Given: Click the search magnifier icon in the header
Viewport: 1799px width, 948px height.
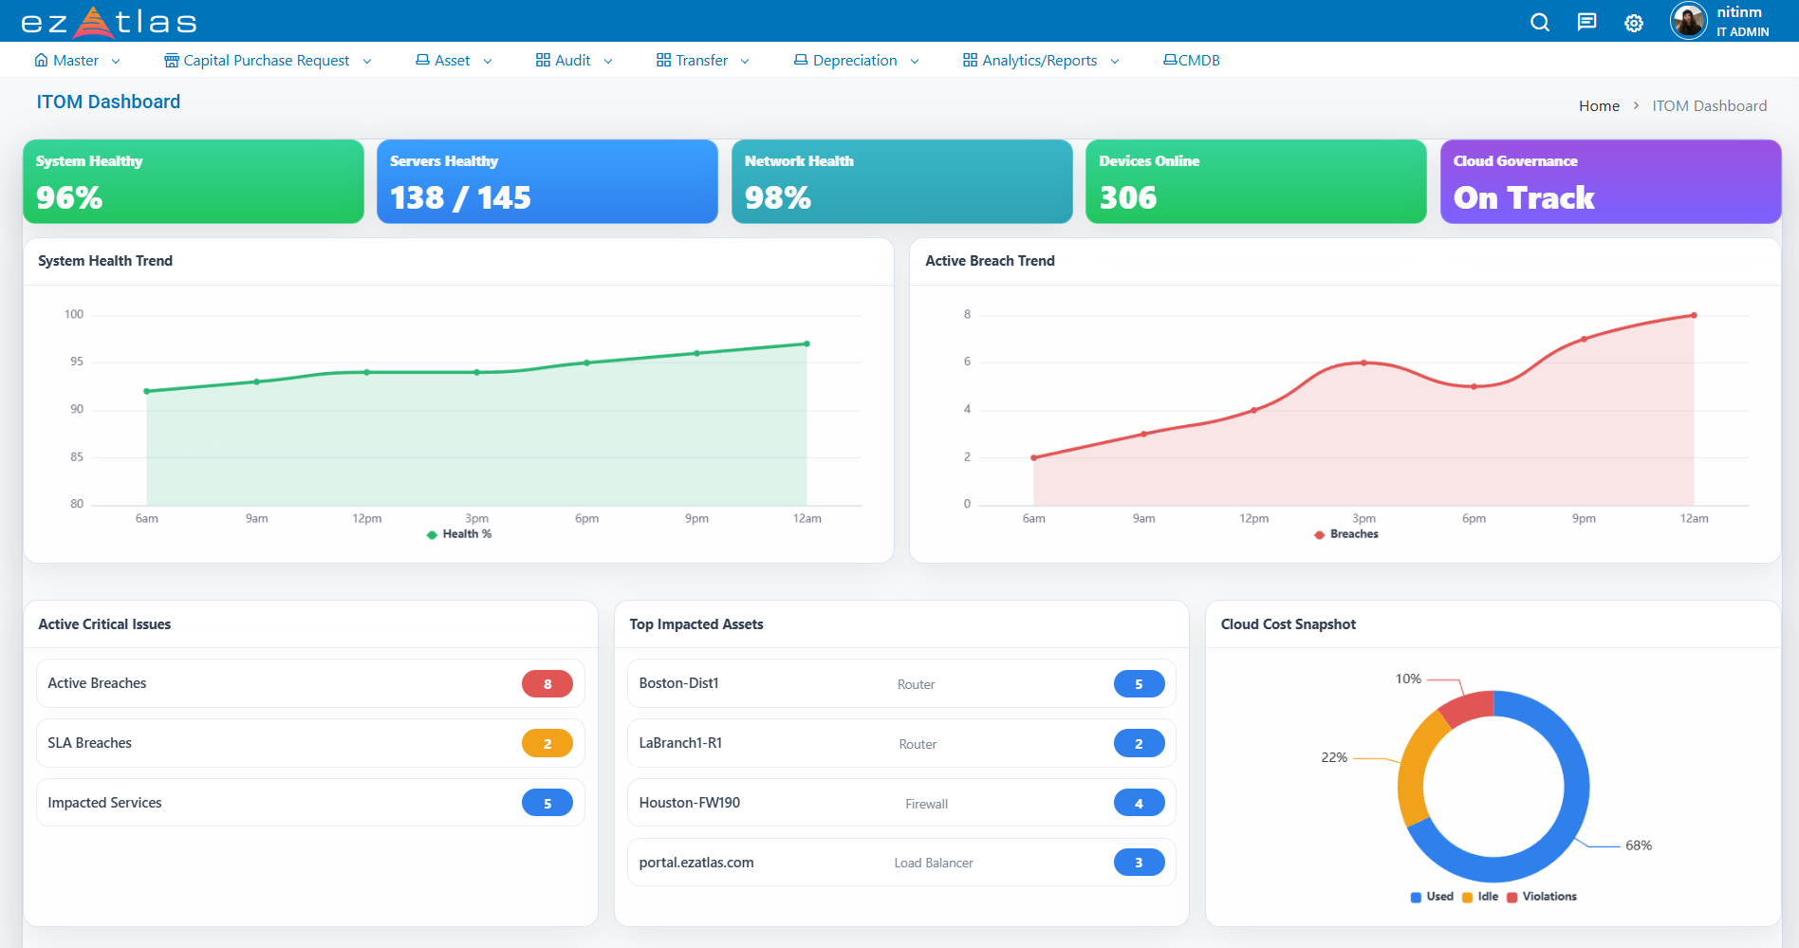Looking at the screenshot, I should pos(1539,22).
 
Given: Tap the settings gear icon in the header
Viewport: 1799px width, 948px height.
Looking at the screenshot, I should pos(1633,23).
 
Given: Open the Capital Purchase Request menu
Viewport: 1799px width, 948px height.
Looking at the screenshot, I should pos(267,61).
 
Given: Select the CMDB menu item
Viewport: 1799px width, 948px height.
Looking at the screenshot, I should pos(1192,61).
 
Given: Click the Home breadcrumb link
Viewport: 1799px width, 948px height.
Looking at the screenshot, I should pos(1599,106).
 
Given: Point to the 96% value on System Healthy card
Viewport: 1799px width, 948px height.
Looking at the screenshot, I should pos(69,197).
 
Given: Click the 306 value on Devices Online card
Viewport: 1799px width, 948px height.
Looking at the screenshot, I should pos(1127,197).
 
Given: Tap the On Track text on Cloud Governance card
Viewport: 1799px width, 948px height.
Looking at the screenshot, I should pos(1524,197).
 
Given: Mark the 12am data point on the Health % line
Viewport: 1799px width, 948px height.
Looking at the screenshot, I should pos(807,344).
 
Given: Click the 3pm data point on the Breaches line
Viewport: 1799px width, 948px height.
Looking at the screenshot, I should pos(1363,362).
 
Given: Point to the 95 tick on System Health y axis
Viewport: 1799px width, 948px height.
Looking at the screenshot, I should pos(77,362).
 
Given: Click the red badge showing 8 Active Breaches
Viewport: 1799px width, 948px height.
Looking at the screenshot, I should pos(547,684).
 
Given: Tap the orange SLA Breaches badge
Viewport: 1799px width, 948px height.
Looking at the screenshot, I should pos(547,744).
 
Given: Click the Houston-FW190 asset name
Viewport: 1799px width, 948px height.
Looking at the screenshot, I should pos(689,803).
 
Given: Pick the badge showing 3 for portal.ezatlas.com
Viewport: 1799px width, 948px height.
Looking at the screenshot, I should pos(1139,863).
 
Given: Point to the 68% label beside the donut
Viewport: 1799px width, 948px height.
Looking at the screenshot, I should pos(1639,846).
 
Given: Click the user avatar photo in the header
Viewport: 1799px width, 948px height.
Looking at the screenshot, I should pos(1688,21).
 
